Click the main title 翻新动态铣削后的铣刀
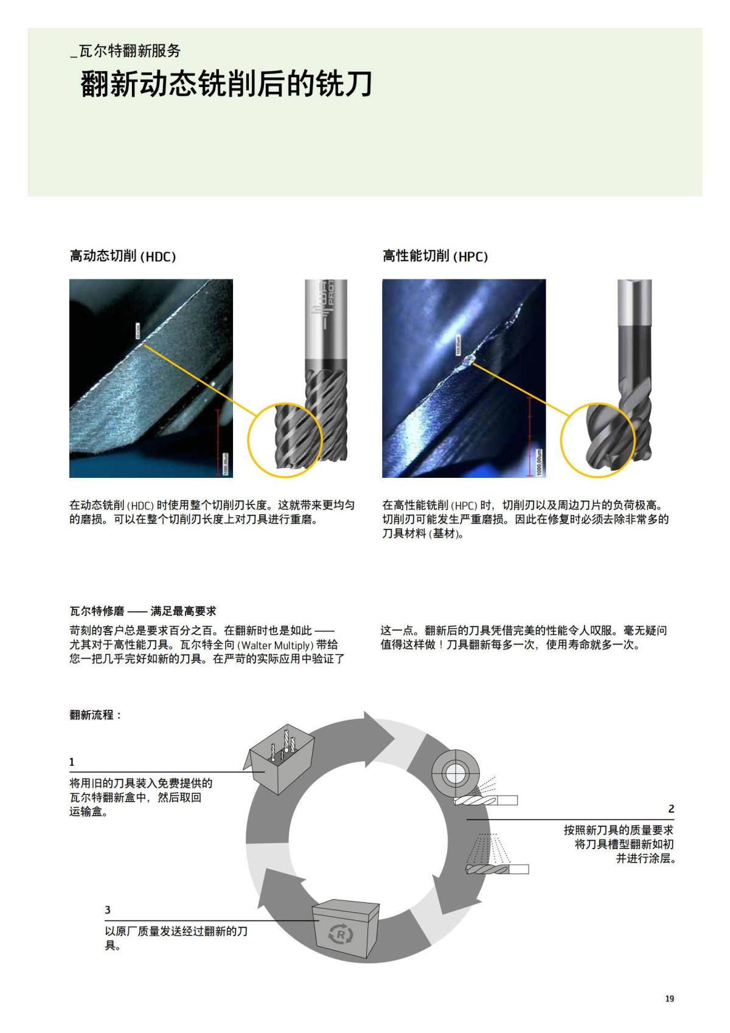[x=226, y=85]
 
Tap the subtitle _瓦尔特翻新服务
[x=126, y=51]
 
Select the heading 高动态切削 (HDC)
[x=123, y=256]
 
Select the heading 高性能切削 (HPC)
[x=436, y=256]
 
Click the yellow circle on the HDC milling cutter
[x=285, y=439]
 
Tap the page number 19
[x=670, y=999]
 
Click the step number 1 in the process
[x=72, y=762]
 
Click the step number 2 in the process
[x=671, y=809]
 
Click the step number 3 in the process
[x=108, y=910]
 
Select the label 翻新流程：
[x=96, y=715]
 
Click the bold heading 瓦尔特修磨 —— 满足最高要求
[x=143, y=611]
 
